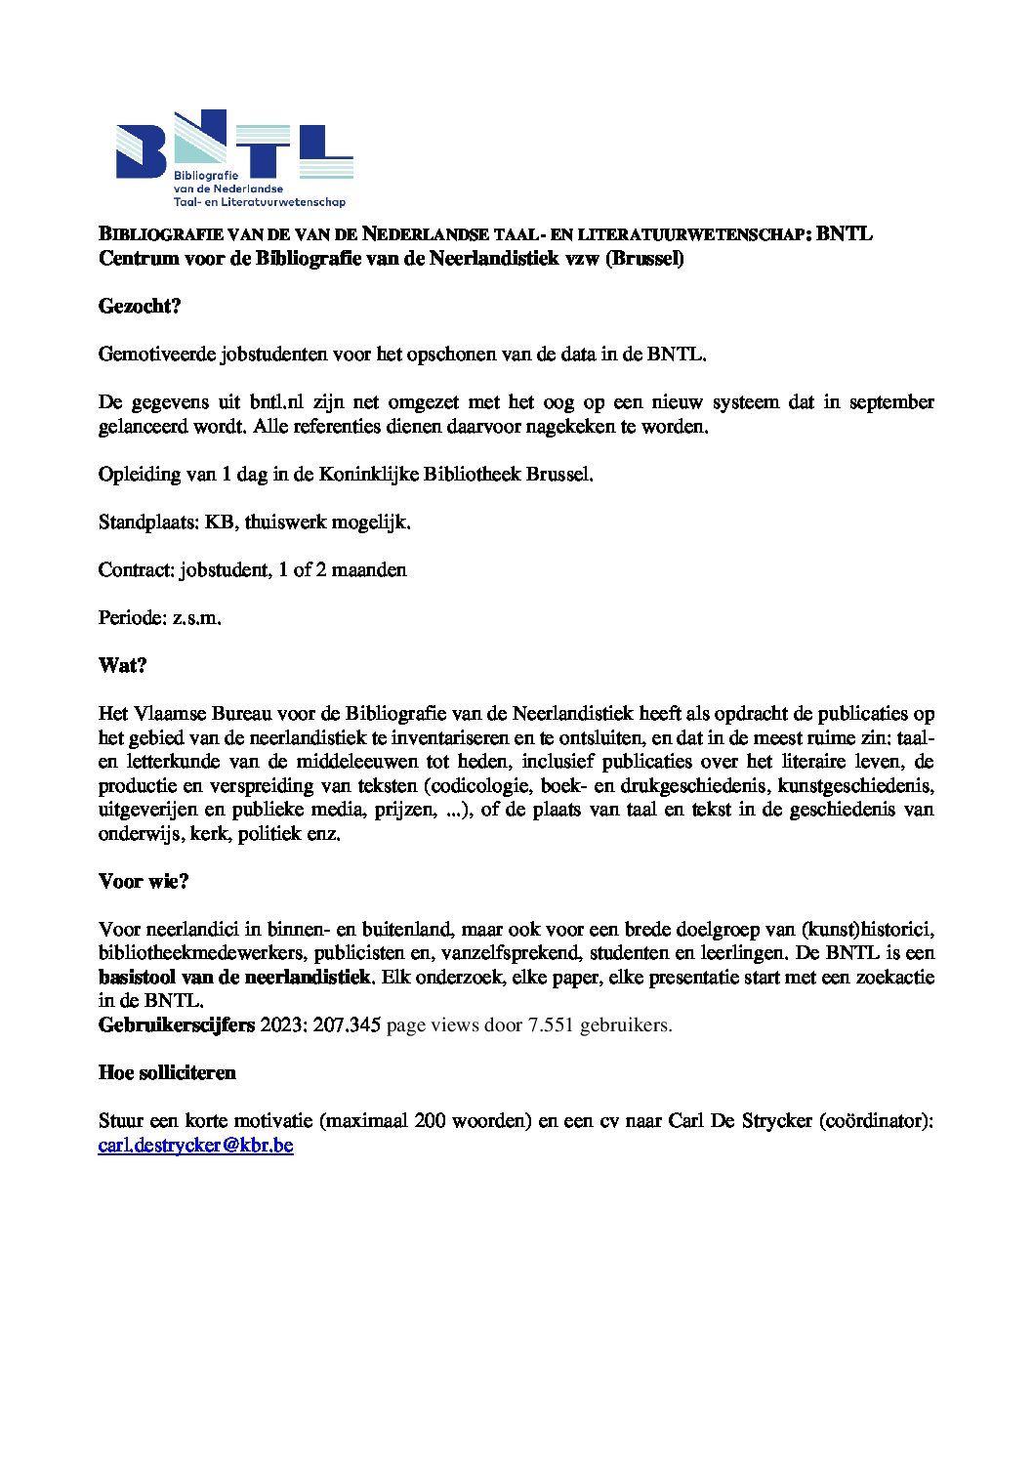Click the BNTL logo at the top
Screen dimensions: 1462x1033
click(234, 157)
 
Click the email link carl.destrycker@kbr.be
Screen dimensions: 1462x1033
click(195, 1145)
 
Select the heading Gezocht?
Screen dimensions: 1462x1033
click(141, 307)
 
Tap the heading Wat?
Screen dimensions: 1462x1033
click(122, 666)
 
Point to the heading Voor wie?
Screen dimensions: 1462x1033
click(144, 882)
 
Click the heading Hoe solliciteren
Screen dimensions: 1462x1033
click(167, 1073)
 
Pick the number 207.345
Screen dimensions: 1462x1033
click(347, 1025)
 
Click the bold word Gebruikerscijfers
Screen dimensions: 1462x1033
click(177, 1025)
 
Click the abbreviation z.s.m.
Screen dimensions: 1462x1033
click(197, 618)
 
